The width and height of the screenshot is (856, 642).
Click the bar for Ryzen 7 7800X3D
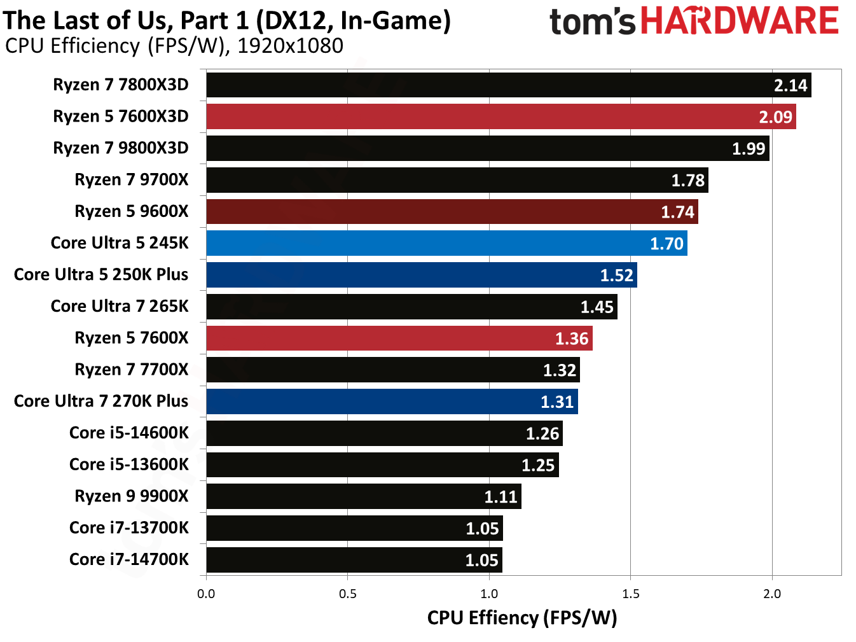click(x=509, y=85)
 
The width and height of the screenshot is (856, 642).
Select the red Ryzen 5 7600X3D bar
click(x=501, y=116)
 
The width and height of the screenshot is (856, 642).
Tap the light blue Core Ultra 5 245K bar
click(x=446, y=243)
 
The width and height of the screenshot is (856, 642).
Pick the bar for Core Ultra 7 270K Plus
click(x=392, y=401)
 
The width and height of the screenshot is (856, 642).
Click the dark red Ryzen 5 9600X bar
click(x=452, y=211)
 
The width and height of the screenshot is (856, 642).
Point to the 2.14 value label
click(x=790, y=85)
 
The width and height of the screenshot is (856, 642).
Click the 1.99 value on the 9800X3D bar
click(x=749, y=149)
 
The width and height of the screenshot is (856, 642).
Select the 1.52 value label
click(x=616, y=275)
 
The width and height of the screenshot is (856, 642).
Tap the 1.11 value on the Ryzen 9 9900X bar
click(x=500, y=497)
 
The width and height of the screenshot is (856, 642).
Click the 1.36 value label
click(x=572, y=338)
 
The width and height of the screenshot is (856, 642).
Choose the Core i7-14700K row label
click(x=128, y=559)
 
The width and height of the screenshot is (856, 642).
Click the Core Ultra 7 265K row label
click(x=120, y=306)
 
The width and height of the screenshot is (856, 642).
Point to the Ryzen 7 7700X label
click(x=132, y=370)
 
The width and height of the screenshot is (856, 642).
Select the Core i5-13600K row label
click(x=128, y=464)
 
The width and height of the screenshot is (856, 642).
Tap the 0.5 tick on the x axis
click(x=347, y=594)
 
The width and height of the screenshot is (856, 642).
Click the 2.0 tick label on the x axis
click(x=771, y=594)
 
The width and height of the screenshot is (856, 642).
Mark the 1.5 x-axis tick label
click(x=630, y=594)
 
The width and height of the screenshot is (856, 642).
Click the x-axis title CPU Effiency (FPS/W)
click(x=521, y=618)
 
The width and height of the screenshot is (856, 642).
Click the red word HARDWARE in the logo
click(x=739, y=20)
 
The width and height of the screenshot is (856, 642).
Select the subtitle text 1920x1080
click(x=290, y=46)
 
